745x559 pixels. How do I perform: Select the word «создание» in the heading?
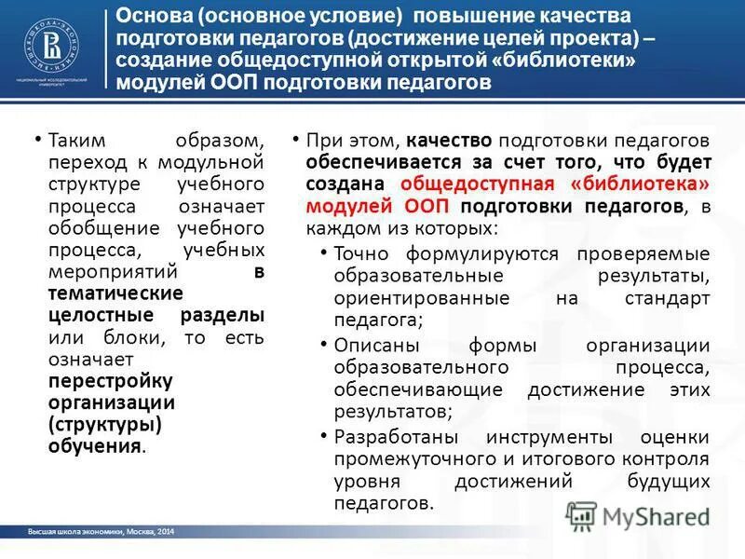pyautogui.click(x=163, y=60)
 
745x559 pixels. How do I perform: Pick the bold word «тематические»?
pyautogui.click(x=103, y=293)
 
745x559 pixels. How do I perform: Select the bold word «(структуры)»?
pyautogui.click(x=104, y=424)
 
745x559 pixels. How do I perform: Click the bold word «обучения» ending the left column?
pyautogui.click(x=96, y=445)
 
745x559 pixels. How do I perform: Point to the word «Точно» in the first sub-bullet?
pyautogui.click(x=362, y=253)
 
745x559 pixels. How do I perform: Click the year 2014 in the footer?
pyautogui.click(x=164, y=531)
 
